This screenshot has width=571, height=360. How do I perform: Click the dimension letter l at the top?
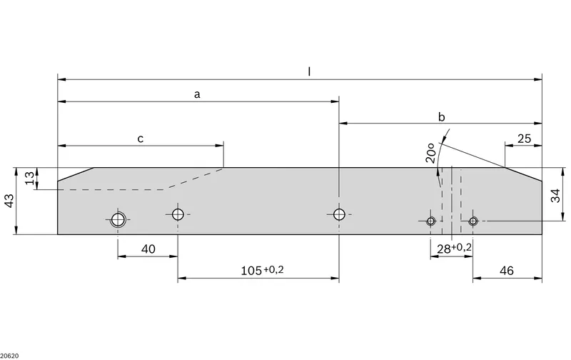tap(309, 71)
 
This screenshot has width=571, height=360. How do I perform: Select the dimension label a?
tap(197, 95)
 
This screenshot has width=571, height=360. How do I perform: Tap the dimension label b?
tap(441, 116)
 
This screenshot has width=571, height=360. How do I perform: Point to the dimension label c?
tap(140, 139)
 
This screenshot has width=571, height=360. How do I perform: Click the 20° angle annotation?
tap(431, 153)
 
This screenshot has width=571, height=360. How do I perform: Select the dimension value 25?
tap(524, 139)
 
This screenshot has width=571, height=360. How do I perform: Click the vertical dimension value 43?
tap(10, 201)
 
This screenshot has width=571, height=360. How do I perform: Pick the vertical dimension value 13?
tap(30, 178)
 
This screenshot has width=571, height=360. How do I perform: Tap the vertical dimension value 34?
tap(556, 196)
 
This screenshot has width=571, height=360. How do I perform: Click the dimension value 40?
tap(148, 249)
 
